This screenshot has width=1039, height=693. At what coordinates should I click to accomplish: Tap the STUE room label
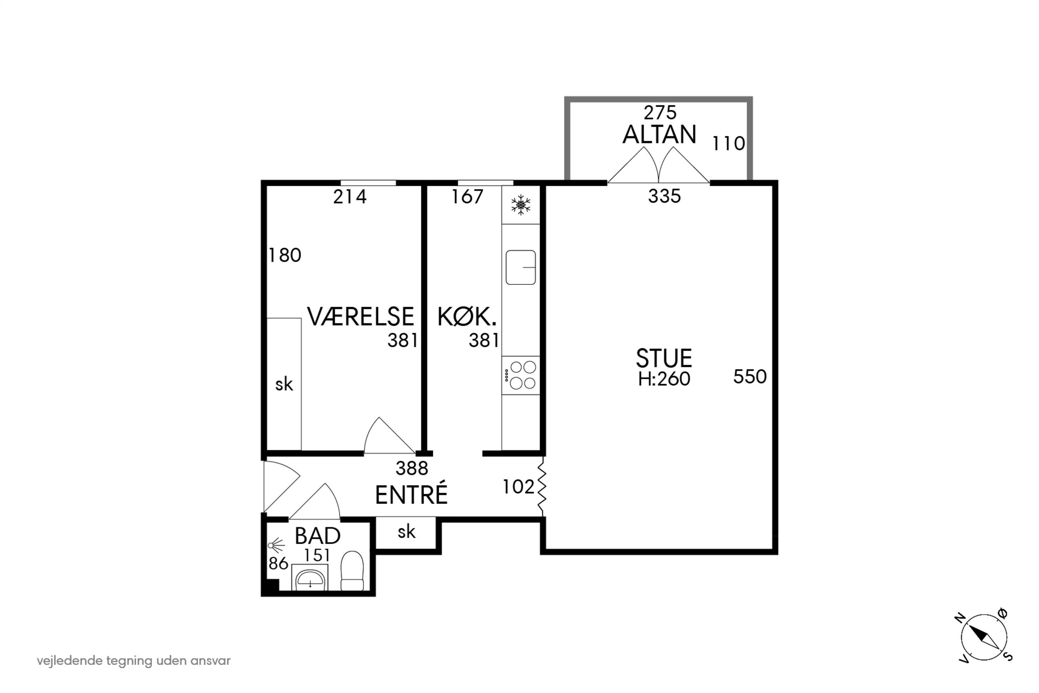[x=664, y=358]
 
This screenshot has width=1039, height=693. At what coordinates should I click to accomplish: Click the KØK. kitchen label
[x=467, y=317]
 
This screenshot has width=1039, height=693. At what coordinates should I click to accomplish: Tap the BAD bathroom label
[x=317, y=536]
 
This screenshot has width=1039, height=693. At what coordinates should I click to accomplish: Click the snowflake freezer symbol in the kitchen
[x=521, y=205]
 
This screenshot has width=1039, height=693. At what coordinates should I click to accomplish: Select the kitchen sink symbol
[x=521, y=267]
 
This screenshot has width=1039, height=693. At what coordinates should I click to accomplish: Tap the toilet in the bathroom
[x=352, y=571]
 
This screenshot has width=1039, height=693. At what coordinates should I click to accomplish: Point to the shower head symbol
[x=276, y=546]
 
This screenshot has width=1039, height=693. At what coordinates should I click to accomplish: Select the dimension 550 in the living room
[x=750, y=377]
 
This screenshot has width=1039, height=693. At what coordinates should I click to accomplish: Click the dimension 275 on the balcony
[x=659, y=113]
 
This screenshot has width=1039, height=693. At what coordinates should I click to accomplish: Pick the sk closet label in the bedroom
[x=284, y=385]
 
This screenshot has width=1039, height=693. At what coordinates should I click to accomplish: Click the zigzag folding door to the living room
[x=542, y=486]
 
